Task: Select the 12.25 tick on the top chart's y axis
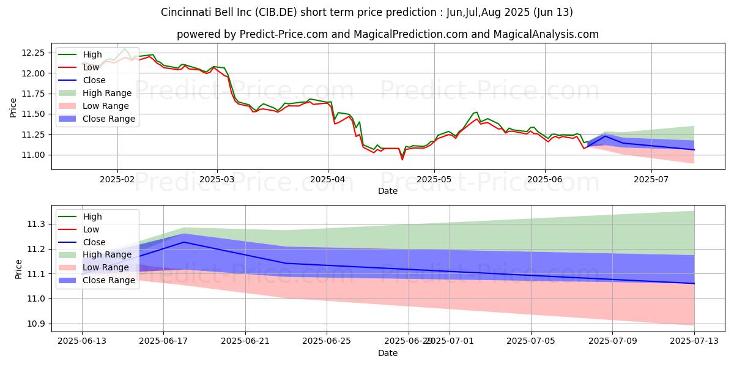32,53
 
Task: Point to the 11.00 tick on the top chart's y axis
32,155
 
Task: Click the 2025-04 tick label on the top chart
328,179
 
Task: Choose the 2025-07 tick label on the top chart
651,179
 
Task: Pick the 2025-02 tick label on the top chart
117,179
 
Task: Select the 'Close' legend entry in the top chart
94,80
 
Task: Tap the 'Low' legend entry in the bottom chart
91,229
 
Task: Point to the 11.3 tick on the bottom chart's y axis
35,224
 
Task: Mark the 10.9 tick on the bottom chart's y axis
35,324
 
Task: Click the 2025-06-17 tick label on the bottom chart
163,341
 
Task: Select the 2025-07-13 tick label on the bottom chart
694,341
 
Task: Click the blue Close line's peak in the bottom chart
183,242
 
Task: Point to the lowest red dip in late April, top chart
402,159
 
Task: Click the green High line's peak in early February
125,48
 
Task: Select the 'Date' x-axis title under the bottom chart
387,353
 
